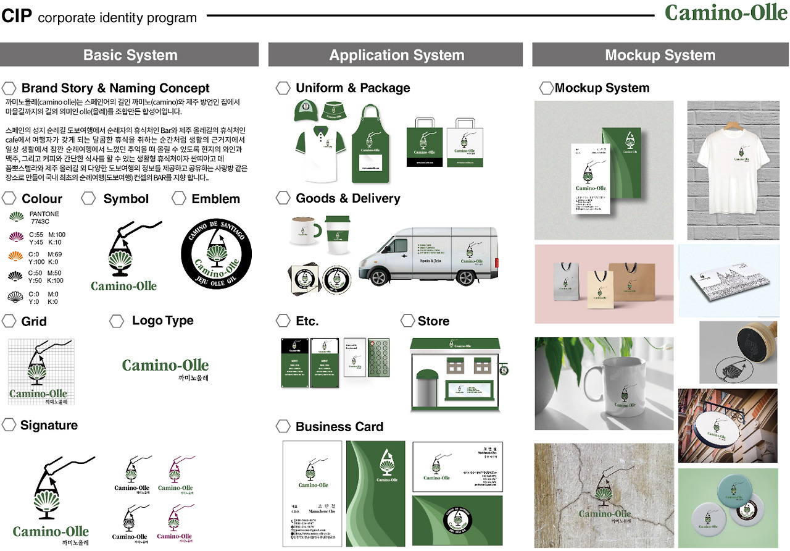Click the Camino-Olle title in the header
click(726, 13)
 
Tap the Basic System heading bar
click(130, 55)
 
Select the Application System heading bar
click(396, 55)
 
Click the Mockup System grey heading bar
click(660, 55)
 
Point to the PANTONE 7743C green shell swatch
click(17, 217)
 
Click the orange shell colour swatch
click(17, 257)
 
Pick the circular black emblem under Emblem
click(216, 254)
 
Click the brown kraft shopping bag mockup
click(632, 284)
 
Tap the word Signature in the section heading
click(49, 425)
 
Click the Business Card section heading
click(339, 427)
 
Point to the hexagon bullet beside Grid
click(9, 321)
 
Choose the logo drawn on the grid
click(41, 371)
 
